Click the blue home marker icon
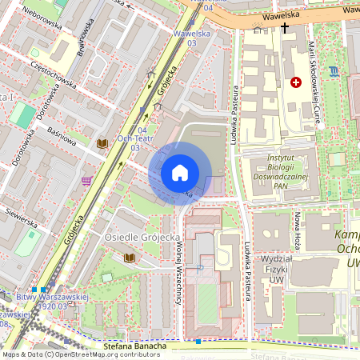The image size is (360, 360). (x=180, y=173)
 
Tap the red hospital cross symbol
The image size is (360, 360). (x=297, y=82)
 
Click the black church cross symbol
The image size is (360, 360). (x=285, y=29)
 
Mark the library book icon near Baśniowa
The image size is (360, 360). (x=102, y=144)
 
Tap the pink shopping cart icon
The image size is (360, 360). (x=86, y=182)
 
